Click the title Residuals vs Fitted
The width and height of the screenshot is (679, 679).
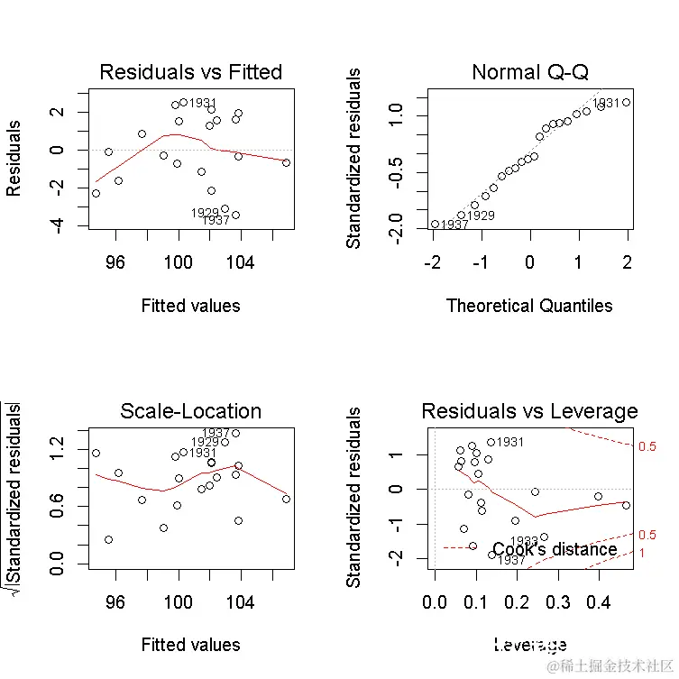point(190,72)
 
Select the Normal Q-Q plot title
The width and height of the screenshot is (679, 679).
point(529,72)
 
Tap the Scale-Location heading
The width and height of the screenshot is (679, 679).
point(190,412)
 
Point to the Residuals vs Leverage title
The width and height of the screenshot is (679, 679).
point(529,412)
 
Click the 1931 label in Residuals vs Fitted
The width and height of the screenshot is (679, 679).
point(204,103)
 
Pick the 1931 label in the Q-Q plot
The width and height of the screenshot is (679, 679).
point(606,104)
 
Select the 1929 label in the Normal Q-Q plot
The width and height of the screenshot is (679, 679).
point(480,216)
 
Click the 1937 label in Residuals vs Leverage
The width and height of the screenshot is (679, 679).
point(511,560)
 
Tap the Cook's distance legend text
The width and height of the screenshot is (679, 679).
point(555,549)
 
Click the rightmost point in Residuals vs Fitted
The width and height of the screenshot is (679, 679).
point(286,162)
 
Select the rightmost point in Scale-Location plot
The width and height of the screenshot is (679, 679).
point(286,499)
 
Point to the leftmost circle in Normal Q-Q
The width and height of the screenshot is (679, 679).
point(434,224)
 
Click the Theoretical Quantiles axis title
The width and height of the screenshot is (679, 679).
point(529,306)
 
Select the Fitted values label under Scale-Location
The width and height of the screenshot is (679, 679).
point(190,645)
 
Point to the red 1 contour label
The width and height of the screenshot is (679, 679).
point(642,552)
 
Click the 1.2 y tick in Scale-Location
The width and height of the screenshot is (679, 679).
point(58,443)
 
